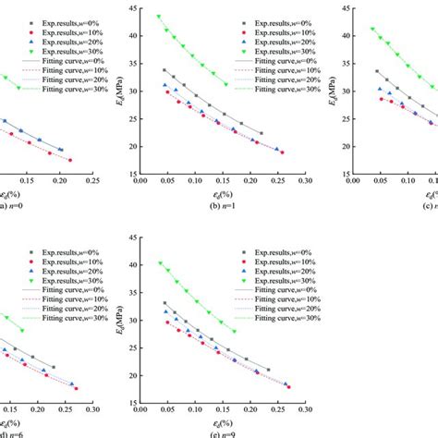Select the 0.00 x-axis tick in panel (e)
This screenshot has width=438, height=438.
tap(139, 408)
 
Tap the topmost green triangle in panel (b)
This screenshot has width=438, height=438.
tap(159, 17)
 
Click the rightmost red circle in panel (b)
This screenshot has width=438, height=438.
tap(282, 152)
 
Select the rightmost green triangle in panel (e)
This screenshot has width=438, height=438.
tap(234, 331)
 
